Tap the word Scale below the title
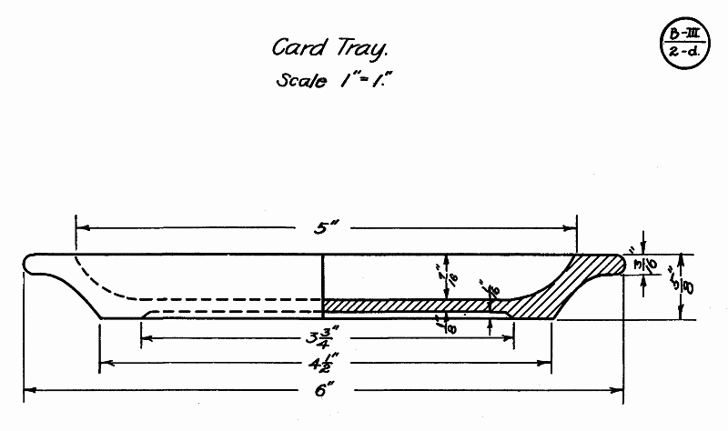300,80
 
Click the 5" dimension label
326,228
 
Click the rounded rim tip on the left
35,263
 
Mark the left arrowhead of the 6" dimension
27,391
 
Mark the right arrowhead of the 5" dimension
573,226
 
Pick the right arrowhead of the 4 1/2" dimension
549,362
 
